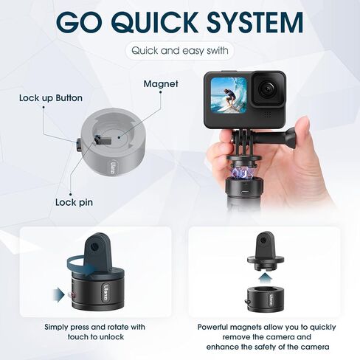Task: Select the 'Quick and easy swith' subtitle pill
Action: (179, 51)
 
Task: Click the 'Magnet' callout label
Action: (160, 84)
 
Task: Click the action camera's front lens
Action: (266, 91)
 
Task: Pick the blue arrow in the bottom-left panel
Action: (58, 295)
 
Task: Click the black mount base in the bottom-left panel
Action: (92, 291)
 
